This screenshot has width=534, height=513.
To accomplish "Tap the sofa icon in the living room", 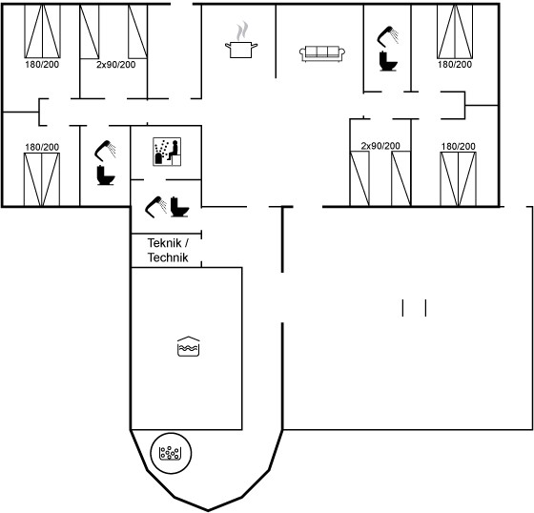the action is (x=322, y=53).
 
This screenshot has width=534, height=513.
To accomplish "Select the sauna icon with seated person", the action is (x=167, y=152).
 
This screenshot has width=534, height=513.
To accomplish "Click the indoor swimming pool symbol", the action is (x=189, y=346).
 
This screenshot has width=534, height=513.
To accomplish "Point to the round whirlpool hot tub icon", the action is (x=171, y=453).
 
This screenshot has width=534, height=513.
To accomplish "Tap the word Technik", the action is (x=168, y=257).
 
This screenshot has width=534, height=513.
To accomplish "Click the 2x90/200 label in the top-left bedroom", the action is (x=115, y=65).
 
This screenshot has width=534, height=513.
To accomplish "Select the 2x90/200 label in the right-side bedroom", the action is (x=380, y=146).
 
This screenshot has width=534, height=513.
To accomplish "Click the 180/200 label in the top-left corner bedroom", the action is (x=42, y=65).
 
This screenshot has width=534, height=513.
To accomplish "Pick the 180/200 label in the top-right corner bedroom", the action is (x=455, y=65).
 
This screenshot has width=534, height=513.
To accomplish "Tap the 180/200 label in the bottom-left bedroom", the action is (x=42, y=147).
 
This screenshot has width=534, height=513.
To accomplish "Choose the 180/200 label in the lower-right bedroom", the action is (x=458, y=147).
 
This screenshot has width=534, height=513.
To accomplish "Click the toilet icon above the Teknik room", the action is (x=179, y=207).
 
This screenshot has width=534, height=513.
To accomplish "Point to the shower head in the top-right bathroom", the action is (x=387, y=36).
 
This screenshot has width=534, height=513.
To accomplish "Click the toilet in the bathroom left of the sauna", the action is (x=106, y=175).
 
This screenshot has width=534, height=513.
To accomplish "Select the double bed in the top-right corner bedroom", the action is (x=455, y=31).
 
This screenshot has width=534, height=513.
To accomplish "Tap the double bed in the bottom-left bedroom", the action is (x=42, y=179).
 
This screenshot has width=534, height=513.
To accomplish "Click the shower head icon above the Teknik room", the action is (x=156, y=207).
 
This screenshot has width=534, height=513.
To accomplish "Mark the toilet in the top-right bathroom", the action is (x=388, y=61).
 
